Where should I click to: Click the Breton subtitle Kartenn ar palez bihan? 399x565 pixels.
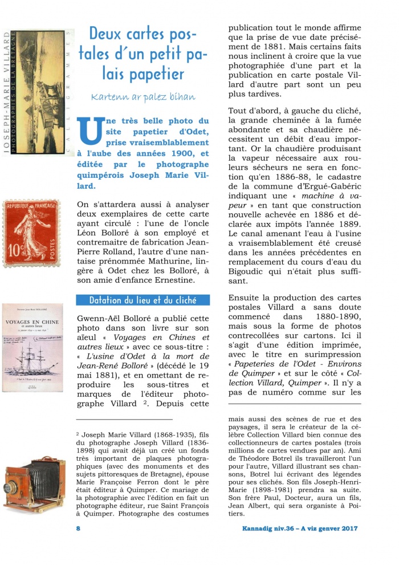(x=143, y=96)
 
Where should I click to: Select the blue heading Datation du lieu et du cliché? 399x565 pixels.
(x=142, y=300)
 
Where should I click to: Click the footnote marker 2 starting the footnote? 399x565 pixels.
(x=78, y=434)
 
